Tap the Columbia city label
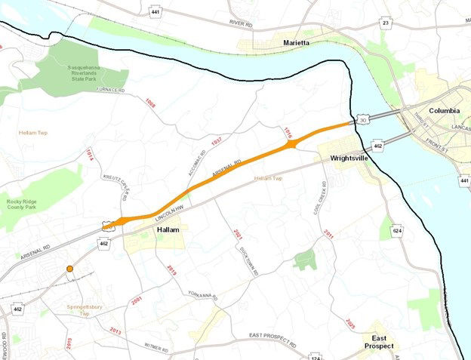point(445,110)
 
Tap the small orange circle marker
point(69,269)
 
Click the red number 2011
point(329,235)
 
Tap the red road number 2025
point(350,324)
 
